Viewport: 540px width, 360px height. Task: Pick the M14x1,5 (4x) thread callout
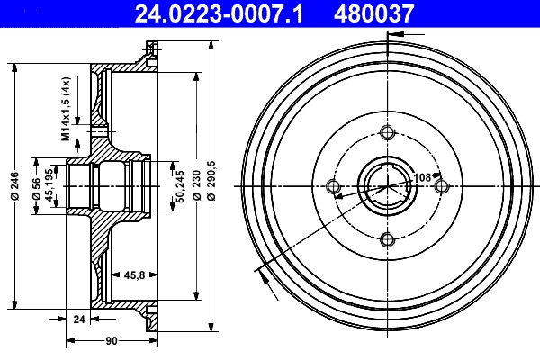click(x=66, y=110)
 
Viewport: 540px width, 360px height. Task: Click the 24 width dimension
click(x=78, y=318)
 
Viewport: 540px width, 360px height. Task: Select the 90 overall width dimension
click(x=112, y=341)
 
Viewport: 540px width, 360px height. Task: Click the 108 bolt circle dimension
click(x=422, y=177)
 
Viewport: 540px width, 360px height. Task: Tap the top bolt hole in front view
click(x=388, y=133)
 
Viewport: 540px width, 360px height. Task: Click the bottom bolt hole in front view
click(x=388, y=239)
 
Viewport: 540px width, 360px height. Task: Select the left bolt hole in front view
click(x=334, y=186)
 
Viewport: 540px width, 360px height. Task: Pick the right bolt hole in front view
click(x=441, y=186)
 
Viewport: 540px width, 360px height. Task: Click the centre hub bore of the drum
click(x=388, y=186)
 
